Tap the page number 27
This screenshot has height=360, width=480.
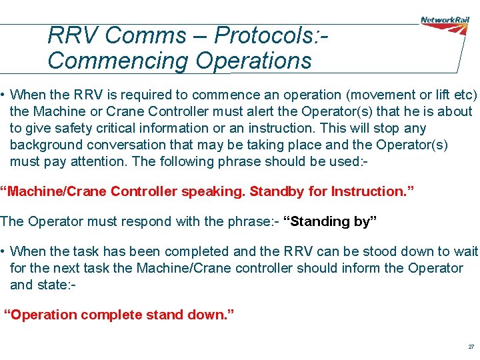(471, 347)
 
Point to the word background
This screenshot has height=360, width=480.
(45, 145)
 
